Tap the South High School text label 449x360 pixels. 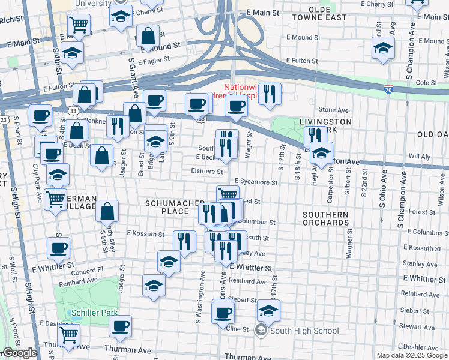304,331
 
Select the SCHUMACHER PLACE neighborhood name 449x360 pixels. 171,208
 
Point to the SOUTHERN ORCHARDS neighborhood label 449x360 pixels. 326,218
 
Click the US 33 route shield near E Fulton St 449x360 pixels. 73,111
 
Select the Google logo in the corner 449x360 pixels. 19,353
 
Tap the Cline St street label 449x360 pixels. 237,329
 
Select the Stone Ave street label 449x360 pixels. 334,110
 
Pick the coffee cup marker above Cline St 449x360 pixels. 223,312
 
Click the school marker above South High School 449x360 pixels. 268,310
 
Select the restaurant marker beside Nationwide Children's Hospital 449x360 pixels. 270,93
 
